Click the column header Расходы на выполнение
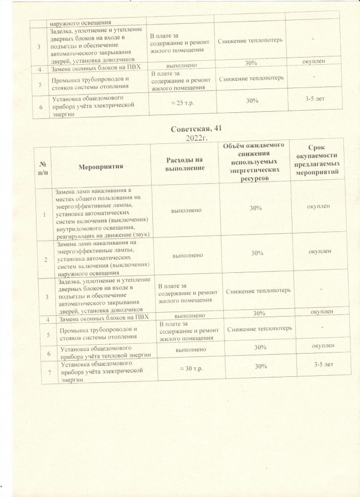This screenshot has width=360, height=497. click(185, 164)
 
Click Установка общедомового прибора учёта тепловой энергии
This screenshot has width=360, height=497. click(105, 352)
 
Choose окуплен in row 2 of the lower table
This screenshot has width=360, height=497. click(318, 251)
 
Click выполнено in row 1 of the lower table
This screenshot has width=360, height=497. click(186, 210)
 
